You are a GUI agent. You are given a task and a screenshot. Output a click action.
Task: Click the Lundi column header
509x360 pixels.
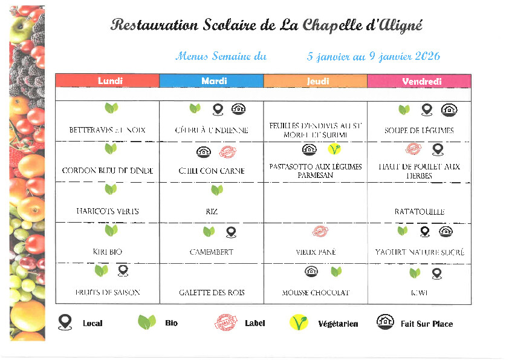(x=110, y=81)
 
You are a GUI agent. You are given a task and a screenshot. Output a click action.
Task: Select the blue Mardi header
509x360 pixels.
(x=214, y=81)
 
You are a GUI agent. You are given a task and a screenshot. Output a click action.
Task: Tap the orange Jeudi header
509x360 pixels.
(x=318, y=81)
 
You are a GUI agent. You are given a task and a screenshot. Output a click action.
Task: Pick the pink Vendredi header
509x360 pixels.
(x=421, y=81)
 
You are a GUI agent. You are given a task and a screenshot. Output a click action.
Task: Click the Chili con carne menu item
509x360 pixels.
(x=212, y=171)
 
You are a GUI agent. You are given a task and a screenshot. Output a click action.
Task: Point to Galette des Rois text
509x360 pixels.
(x=212, y=293)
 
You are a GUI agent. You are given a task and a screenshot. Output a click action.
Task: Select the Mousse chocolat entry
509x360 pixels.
(x=316, y=293)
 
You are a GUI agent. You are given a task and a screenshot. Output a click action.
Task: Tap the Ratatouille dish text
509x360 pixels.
(x=420, y=212)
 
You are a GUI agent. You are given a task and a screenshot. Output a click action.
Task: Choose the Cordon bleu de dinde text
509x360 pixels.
(x=108, y=171)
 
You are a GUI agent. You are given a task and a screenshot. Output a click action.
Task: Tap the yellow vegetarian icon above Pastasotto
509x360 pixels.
(x=334, y=149)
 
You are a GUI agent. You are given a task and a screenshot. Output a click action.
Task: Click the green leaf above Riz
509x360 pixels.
(x=217, y=190)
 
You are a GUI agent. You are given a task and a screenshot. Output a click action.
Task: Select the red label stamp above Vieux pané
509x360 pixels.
(x=320, y=231)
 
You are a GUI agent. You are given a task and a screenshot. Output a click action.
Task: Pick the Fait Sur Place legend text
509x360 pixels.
(x=427, y=324)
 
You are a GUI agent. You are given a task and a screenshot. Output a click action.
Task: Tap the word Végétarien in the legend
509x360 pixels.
(x=338, y=324)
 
